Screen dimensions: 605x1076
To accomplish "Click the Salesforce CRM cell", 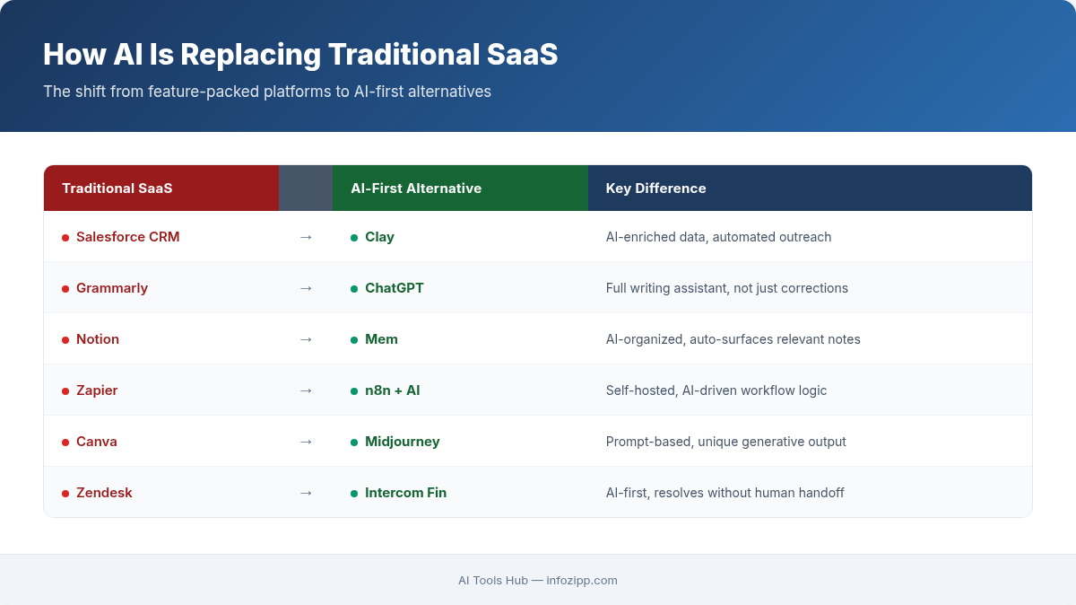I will pyautogui.click(x=127, y=237).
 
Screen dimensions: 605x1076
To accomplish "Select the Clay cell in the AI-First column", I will pyautogui.click(x=379, y=237).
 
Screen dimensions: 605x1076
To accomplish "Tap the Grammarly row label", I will pyautogui.click(x=112, y=288).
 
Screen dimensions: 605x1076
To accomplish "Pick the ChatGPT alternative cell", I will pyautogui.click(x=394, y=288).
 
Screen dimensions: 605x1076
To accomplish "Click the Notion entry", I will pyautogui.click(x=98, y=339).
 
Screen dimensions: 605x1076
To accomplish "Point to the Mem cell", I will pyautogui.click(x=381, y=339).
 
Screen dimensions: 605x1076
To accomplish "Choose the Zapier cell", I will pyautogui.click(x=97, y=390).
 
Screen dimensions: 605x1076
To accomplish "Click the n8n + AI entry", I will pyautogui.click(x=392, y=390).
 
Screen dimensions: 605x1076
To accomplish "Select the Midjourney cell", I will pyautogui.click(x=402, y=442).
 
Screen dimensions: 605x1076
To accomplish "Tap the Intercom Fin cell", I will pyautogui.click(x=405, y=493).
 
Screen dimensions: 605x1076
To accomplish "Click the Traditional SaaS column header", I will pyautogui.click(x=117, y=189).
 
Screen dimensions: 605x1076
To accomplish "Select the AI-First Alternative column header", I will pyautogui.click(x=416, y=189).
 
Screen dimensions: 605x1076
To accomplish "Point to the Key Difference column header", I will pyautogui.click(x=655, y=189).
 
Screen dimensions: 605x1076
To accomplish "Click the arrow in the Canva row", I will pyautogui.click(x=306, y=442).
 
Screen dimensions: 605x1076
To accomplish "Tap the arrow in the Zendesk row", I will pyautogui.click(x=306, y=493).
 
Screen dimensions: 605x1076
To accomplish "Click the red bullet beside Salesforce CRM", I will pyautogui.click(x=65, y=238).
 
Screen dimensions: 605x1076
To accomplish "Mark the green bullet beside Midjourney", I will pyautogui.click(x=354, y=443).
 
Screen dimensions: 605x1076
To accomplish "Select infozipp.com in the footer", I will pyautogui.click(x=582, y=581).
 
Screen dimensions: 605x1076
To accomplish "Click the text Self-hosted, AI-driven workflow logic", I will pyautogui.click(x=716, y=390).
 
